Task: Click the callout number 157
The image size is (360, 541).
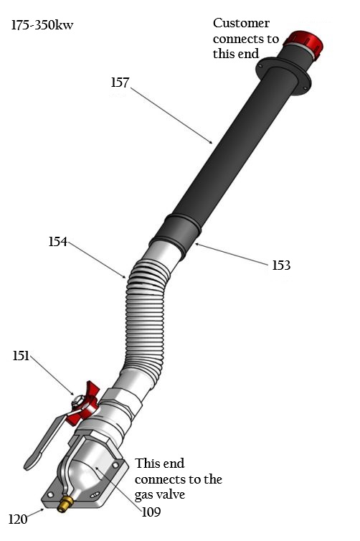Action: [120, 83]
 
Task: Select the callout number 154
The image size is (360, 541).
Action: [58, 242]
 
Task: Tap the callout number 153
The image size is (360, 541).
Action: [281, 265]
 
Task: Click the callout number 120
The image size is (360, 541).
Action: [18, 519]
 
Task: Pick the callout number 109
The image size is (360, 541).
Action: [151, 512]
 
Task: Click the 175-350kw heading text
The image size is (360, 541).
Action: [42, 27]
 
